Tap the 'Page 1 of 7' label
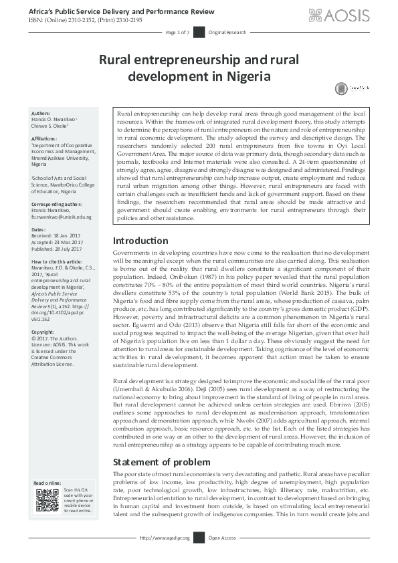pyautogui.click(x=178, y=32)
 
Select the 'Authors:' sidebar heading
pyautogui.click(x=41, y=113)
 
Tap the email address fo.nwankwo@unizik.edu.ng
pyautogui.click(x=62, y=217)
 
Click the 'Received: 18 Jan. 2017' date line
pyautogui.click(x=58, y=235)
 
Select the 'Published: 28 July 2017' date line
pyautogui.click(x=60, y=247)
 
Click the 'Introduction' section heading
pyautogui.click(x=140, y=240)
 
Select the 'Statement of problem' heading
pyautogui.click(x=161, y=461)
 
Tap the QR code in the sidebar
pyautogui.click(x=47, y=500)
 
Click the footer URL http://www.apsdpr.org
pyautogui.click(x=165, y=538)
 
